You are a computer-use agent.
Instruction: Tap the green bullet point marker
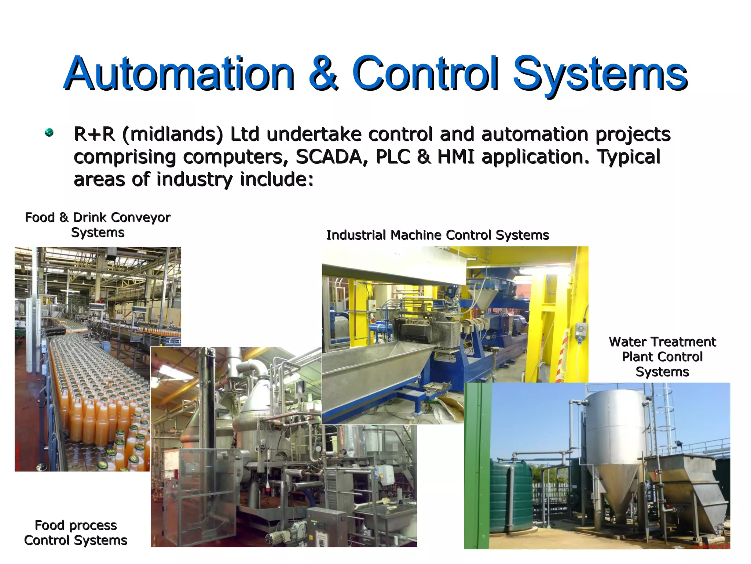[49, 133]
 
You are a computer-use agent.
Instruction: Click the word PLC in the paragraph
[392, 157]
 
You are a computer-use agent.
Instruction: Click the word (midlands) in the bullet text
[172, 134]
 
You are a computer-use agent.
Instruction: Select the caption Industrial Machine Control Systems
[437, 235]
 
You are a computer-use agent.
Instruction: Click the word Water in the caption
[627, 342]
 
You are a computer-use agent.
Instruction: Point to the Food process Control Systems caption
[76, 533]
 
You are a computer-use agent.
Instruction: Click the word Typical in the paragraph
[629, 157]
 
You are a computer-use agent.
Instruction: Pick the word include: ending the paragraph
[277, 180]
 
